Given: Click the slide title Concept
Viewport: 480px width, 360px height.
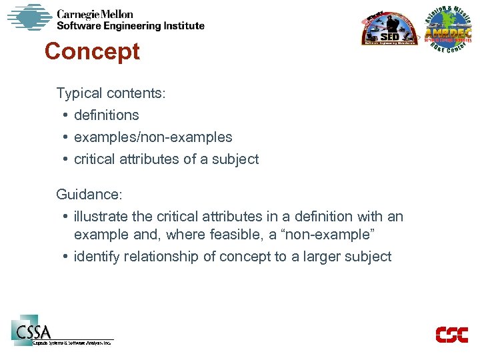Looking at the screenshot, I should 92,52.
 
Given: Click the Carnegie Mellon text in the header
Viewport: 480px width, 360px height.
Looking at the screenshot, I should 95,14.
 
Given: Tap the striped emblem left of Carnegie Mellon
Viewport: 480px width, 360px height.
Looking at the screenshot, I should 29,18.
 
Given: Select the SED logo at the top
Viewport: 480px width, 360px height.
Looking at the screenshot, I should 389,30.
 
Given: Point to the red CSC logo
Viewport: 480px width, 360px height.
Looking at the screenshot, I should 451,334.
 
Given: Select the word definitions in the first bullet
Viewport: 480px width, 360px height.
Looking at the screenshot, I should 107,115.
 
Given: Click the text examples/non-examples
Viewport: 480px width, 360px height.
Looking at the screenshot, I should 153,137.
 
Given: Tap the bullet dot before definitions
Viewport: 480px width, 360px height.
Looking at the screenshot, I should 66,115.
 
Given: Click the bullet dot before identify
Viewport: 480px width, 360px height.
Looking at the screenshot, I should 66,257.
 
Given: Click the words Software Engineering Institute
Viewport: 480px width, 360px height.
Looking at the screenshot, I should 130,26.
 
